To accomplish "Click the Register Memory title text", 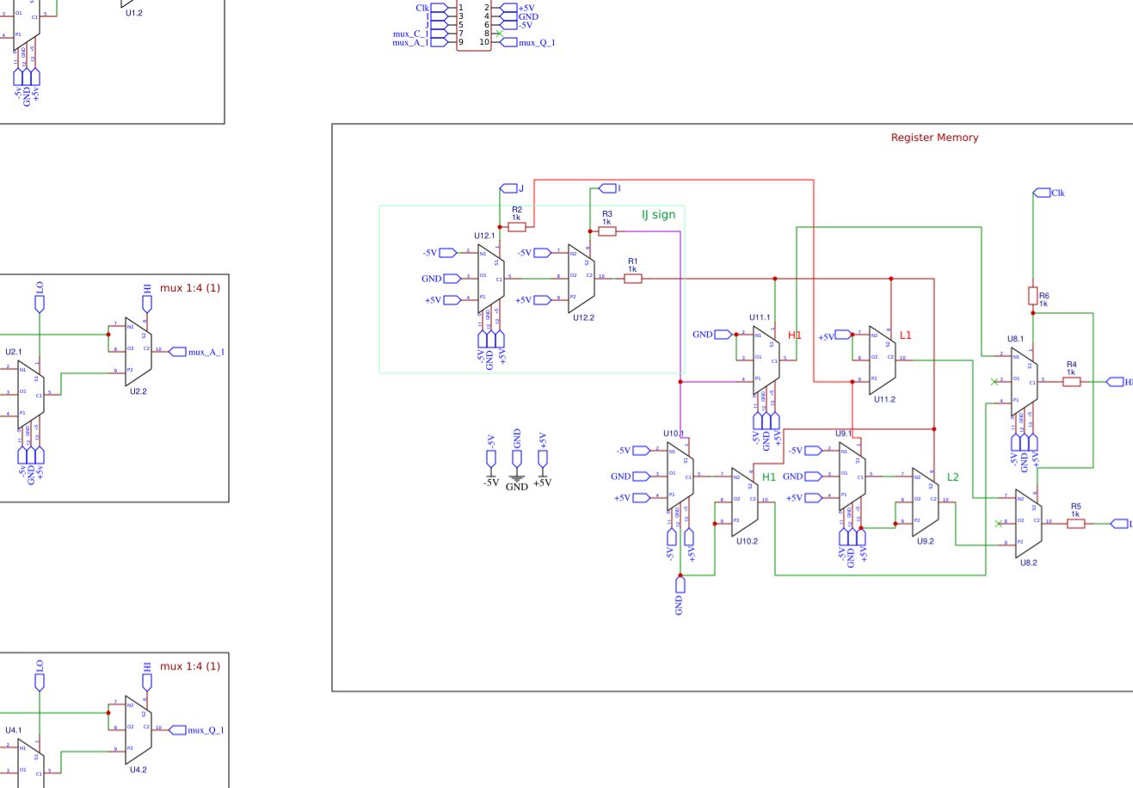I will tap(934, 138).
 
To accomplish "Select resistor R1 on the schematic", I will tap(632, 278).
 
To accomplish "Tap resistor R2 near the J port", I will tap(517, 227).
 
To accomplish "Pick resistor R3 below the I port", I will tap(607, 231).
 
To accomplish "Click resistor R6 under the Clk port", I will tap(1032, 296).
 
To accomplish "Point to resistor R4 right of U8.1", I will tap(1071, 381).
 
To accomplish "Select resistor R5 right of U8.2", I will tap(1075, 523).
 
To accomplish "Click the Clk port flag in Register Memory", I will tap(1043, 193).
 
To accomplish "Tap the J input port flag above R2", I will tap(508, 188).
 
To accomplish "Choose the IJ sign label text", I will tap(658, 214).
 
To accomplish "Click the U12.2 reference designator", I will tap(583, 318).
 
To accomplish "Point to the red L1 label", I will tap(905, 336).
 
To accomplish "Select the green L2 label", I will tap(952, 477).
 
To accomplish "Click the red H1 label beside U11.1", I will tap(794, 336).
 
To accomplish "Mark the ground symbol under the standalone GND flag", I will tap(516, 477).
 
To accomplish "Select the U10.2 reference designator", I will tap(746, 541).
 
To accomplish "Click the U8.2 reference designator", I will tap(1028, 563).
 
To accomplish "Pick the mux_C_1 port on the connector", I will tap(410, 34).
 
